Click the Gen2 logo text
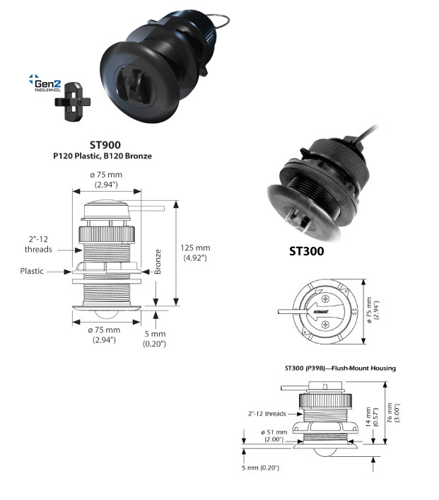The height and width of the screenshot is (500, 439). pos(47,83)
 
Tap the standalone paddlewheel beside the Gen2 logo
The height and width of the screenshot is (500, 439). pos(72,102)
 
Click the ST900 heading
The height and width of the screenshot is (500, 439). pos(105,145)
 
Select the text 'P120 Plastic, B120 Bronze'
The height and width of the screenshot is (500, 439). pos(103,156)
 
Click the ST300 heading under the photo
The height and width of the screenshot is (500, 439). pos(306,251)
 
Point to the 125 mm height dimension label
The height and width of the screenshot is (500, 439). pos(195,253)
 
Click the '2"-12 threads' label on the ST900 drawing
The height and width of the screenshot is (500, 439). pos(38,244)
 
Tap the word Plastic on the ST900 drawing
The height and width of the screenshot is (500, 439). pos(32,271)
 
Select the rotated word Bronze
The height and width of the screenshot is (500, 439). pos(158,262)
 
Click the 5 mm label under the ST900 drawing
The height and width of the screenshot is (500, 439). pos(155,339)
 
